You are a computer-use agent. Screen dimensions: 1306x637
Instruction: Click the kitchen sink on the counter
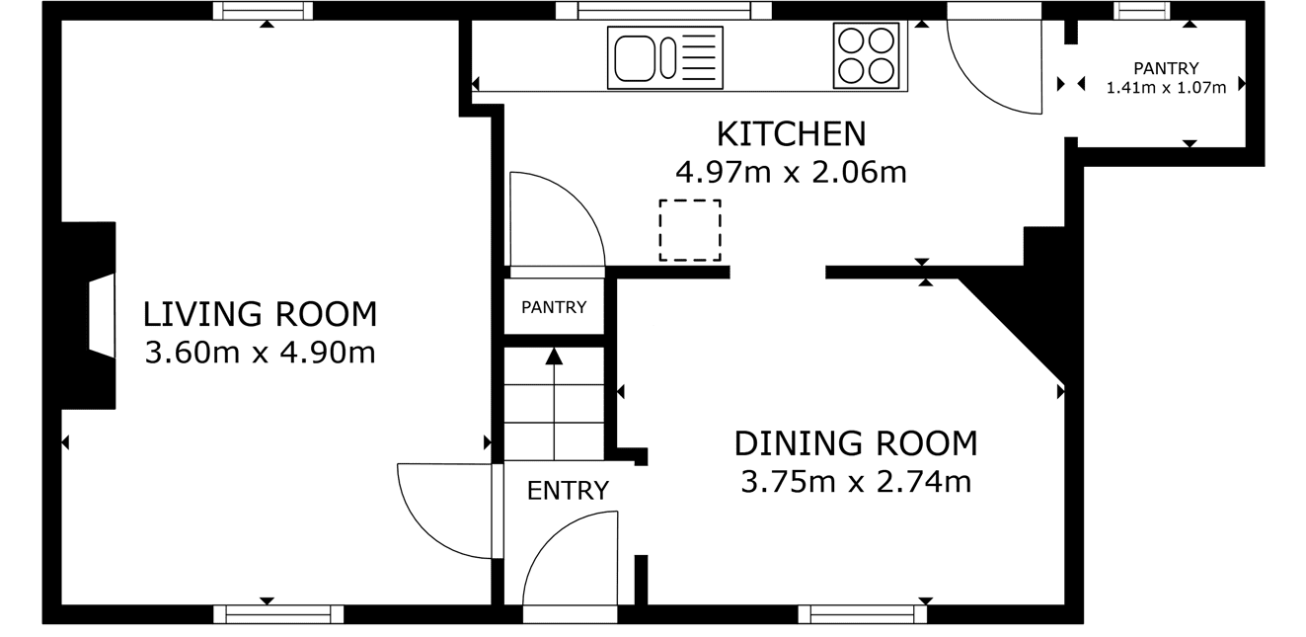[665, 57]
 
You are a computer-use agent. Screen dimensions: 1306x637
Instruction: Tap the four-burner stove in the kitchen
[867, 55]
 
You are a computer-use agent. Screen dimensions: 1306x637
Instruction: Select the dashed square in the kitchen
[690, 230]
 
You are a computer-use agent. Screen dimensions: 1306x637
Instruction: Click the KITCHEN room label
[791, 134]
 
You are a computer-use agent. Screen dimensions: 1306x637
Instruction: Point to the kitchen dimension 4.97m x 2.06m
[791, 173]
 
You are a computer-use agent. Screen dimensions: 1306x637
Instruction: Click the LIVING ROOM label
[260, 314]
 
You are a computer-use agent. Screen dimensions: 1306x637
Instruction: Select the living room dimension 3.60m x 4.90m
[260, 353]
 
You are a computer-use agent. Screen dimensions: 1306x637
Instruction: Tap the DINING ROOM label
[856, 443]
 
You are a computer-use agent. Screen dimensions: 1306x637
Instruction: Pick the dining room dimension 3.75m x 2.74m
[856, 482]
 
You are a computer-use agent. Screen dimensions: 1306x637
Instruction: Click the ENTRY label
[568, 491]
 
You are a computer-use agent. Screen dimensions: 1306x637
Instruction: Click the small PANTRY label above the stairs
[554, 307]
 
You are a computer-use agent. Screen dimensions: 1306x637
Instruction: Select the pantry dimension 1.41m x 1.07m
[1166, 88]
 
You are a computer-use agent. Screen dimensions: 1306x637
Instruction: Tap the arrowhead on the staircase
[554, 357]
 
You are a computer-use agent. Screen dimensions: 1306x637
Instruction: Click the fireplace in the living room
[89, 315]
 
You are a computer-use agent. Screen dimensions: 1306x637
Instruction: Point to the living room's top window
[263, 11]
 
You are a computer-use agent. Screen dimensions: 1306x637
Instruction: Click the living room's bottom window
[278, 614]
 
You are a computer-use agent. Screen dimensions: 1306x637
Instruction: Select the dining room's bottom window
[863, 614]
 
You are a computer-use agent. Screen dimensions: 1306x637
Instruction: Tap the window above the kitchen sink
[663, 11]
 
